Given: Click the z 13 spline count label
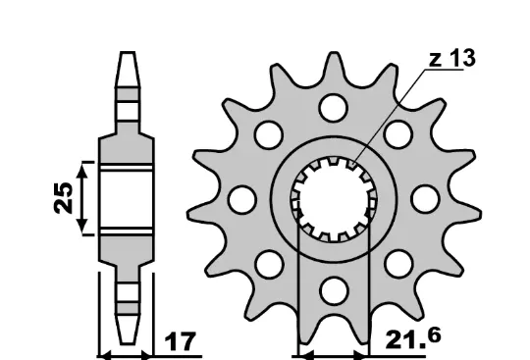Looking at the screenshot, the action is coord(451,59).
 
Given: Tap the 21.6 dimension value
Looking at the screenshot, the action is coord(413,338).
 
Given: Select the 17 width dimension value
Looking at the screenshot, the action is coord(180,341).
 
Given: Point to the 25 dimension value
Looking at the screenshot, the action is coord(64,198).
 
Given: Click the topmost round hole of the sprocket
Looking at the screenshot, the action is coord(334,108).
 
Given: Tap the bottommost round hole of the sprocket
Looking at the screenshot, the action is coord(334,290).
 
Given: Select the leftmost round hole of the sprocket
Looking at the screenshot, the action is coord(242,199).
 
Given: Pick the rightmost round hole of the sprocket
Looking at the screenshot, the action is coord(425,199).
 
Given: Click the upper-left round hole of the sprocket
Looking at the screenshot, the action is coord(269,134).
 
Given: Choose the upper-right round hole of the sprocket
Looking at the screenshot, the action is coord(398,134).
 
